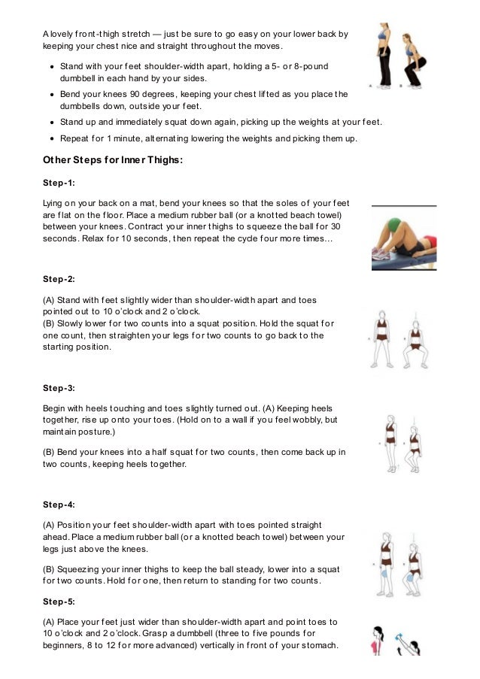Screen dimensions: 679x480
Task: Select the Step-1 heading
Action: click(59, 183)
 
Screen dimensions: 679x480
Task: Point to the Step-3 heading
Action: click(59, 388)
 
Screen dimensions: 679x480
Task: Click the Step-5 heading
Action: click(59, 602)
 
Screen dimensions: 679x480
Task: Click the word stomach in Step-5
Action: click(319, 645)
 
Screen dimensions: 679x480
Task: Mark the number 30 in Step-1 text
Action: click(336, 226)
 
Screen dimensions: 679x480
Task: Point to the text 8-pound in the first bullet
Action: click(306, 66)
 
